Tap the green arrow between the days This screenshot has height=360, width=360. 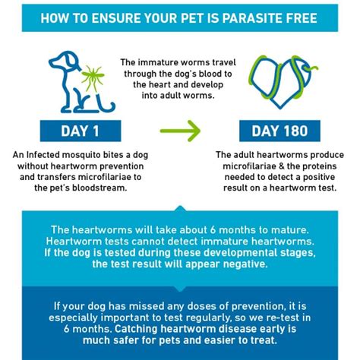click(x=180, y=131)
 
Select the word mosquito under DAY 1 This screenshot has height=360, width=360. click(x=79, y=155)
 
